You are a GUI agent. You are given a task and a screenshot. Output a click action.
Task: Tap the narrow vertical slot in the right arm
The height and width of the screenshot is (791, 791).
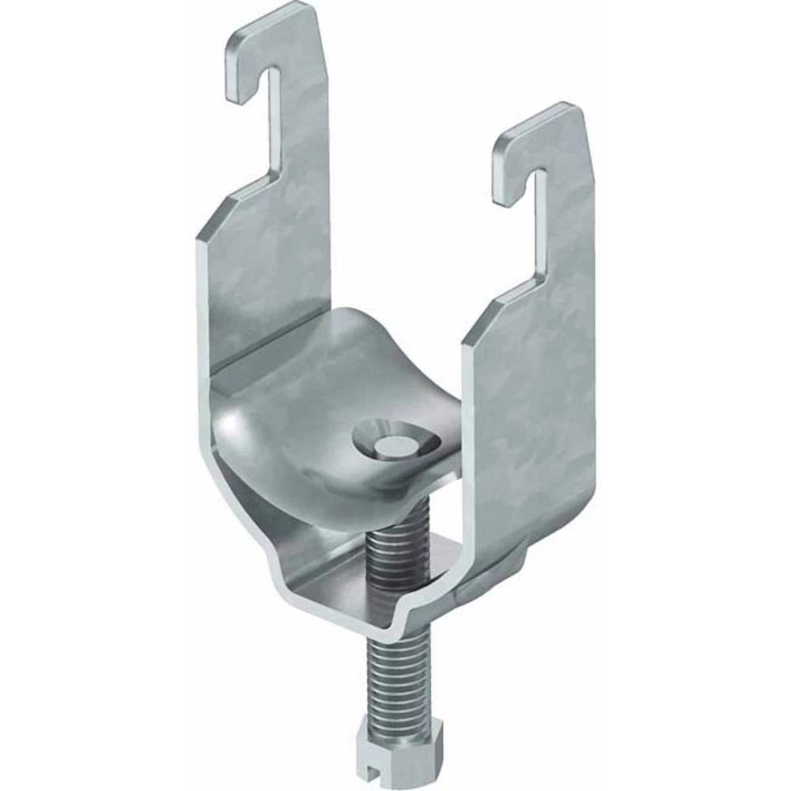pos(540,214)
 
